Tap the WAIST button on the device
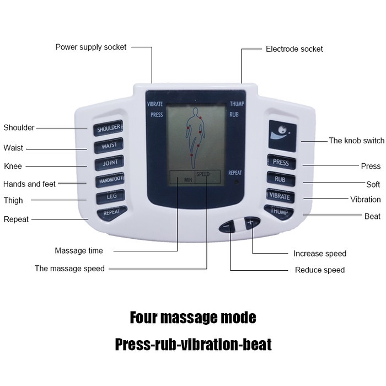point(108,146)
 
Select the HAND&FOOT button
point(110,180)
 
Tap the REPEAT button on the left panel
point(111,212)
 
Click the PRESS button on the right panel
point(281,162)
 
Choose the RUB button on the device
point(281,179)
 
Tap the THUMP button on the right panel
point(280,211)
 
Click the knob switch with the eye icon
point(282,135)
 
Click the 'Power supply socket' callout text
point(91,47)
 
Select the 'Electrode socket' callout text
point(294,49)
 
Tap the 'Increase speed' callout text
point(320,254)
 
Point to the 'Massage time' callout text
point(79,251)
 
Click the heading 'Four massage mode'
point(193,318)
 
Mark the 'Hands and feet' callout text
point(30,184)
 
